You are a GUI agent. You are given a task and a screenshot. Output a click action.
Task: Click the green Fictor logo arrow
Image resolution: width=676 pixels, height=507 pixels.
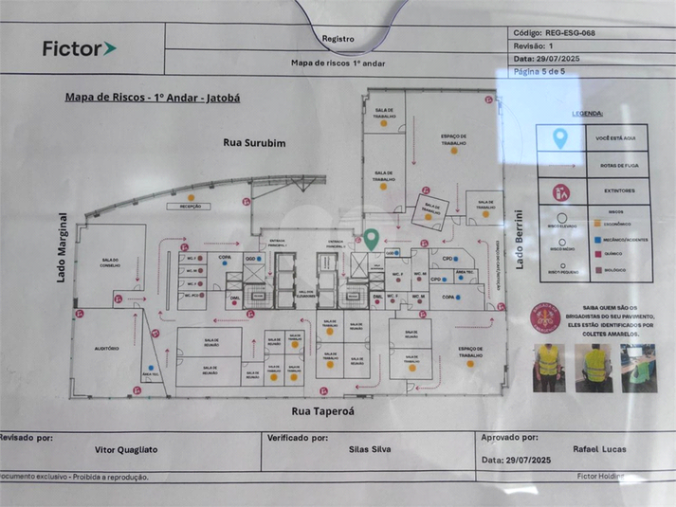[x=110, y=48]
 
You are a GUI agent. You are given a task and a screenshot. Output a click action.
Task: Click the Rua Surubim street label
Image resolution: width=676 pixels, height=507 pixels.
[x=254, y=142]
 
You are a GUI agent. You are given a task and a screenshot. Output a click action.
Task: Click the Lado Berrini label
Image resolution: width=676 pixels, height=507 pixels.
[x=519, y=238]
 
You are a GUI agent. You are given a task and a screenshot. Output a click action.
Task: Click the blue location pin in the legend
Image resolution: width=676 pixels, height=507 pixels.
[x=560, y=139]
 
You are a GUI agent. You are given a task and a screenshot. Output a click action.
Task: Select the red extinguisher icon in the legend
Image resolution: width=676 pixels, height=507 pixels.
[x=560, y=191]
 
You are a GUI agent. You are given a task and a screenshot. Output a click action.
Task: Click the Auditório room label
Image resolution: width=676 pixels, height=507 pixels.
[x=106, y=349]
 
